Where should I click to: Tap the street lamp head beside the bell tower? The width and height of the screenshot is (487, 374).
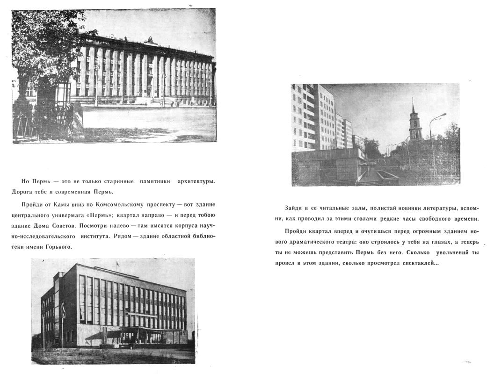pos(443,115)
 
